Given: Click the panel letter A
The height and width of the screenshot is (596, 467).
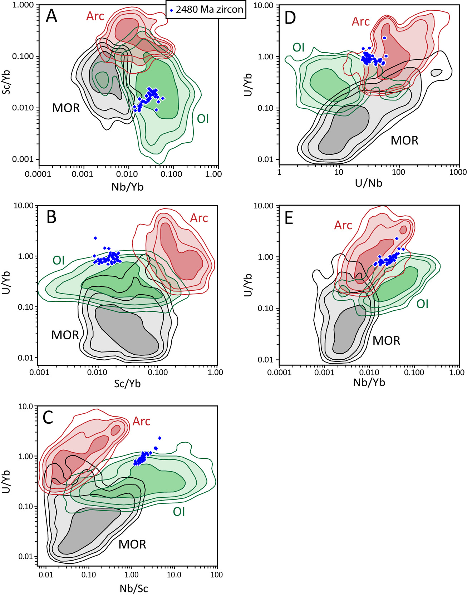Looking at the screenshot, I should click(51, 16).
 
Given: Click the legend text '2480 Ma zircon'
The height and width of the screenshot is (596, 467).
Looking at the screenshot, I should click(209, 10).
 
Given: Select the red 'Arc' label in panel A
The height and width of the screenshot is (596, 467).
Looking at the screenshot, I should click(95, 16).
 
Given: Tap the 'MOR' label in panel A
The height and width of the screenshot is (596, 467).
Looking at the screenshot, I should click(66, 108).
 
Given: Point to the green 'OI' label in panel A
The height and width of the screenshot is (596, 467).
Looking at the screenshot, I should click(203, 119).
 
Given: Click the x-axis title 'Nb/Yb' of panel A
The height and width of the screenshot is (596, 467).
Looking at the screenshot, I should click(128, 187).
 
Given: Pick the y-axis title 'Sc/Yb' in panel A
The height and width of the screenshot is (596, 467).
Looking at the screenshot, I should click(6, 82).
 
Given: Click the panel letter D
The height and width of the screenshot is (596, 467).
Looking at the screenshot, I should click(290, 18).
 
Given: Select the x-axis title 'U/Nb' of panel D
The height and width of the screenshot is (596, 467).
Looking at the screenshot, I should click(369, 183).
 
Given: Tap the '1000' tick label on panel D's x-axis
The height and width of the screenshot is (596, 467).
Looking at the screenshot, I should click(458, 172).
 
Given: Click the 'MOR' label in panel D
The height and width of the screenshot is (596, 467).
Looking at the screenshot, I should click(404, 141).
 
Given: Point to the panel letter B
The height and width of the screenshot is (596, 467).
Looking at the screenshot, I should click(51, 217).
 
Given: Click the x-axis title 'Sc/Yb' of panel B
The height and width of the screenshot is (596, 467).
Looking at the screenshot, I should click(128, 384).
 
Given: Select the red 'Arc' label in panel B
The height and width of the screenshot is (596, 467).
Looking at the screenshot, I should click(199, 218).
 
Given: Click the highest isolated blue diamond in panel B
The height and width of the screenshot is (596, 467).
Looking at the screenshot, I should click(95, 238).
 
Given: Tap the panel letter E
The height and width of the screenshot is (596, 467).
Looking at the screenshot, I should click(289, 217).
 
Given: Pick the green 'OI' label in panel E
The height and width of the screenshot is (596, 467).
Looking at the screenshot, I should click(422, 304).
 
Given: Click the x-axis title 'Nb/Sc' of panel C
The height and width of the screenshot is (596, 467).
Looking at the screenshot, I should click(134, 588).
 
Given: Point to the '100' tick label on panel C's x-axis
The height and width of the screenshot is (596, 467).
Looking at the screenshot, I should click(216, 575).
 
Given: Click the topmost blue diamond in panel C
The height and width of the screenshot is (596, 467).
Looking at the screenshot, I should click(160, 438).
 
